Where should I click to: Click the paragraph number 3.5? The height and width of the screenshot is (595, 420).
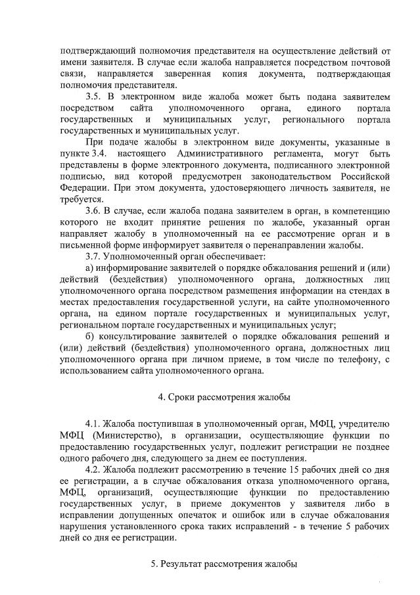95,96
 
